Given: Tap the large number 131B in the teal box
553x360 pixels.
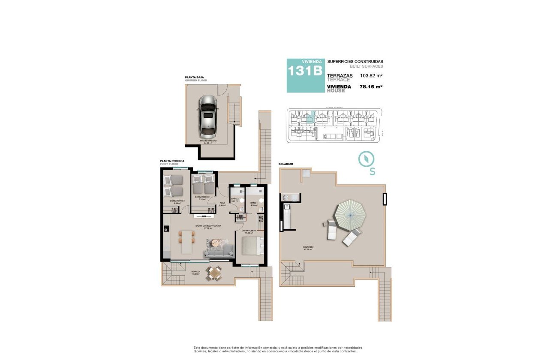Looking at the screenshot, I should point(305,71).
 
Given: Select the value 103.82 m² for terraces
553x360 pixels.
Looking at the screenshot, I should point(371,75).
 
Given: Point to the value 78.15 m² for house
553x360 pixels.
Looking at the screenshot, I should point(371,87).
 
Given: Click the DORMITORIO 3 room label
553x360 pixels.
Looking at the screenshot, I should point(177,201).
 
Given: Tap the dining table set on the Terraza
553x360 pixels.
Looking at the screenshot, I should point(214,273).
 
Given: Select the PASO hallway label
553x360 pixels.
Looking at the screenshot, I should point(222,204).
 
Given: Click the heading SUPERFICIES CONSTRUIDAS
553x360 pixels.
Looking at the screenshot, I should point(355,62).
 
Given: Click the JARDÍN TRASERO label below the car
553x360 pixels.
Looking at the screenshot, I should point(208,141).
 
